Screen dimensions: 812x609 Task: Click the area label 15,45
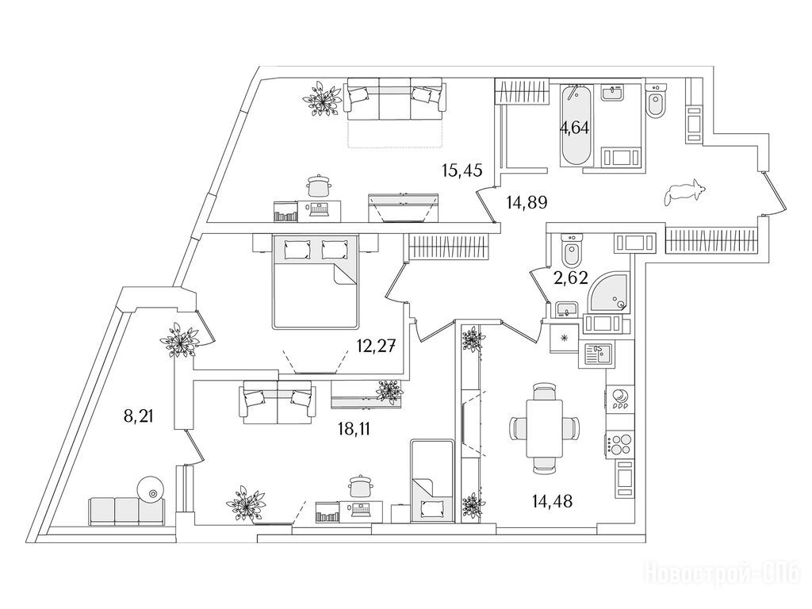[x=462, y=170]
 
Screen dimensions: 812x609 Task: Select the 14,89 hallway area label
[x=527, y=202]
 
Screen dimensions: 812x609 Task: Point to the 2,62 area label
[x=571, y=278]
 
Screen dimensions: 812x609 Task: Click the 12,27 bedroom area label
[x=377, y=345]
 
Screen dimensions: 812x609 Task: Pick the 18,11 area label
[x=354, y=429]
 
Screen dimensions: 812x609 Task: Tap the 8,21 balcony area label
[x=139, y=416]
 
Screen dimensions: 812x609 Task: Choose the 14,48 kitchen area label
[x=552, y=500]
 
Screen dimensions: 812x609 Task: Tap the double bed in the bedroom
[x=315, y=281]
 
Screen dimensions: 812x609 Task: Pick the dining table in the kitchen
[x=544, y=427]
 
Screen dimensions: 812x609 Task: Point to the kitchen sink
[x=598, y=354]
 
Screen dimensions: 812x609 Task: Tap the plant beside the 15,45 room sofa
[x=322, y=99]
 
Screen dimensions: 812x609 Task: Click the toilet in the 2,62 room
[x=572, y=251]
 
